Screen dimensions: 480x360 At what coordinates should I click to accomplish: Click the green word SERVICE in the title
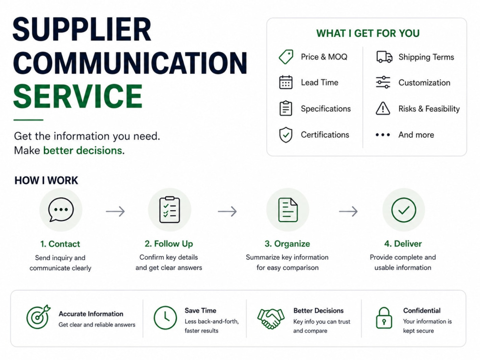[78, 96]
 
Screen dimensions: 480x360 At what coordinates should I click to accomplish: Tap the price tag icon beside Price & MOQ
[286, 57]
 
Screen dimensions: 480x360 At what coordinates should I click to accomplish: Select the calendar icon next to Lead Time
[286, 83]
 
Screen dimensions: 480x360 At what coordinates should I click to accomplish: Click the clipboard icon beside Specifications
[286, 108]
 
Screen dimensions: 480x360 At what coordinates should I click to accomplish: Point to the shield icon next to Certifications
[286, 135]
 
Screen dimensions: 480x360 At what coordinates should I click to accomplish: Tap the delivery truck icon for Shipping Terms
[384, 57]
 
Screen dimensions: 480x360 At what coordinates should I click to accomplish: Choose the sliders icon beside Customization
[383, 83]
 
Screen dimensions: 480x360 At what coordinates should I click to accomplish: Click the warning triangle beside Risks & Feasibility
[383, 108]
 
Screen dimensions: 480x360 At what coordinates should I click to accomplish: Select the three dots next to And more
[383, 135]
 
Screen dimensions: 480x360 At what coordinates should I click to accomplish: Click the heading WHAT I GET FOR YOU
[368, 34]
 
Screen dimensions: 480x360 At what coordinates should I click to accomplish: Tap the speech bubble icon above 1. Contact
[61, 210]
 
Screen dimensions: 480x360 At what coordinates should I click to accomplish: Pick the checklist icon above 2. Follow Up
[169, 210]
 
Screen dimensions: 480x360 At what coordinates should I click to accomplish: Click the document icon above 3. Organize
[288, 210]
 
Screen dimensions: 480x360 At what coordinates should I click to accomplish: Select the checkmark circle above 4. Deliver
[404, 210]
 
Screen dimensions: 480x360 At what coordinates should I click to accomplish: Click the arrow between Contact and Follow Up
[115, 211]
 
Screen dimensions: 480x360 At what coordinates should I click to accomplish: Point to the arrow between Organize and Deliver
[348, 211]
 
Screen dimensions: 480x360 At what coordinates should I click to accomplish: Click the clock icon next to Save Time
[165, 318]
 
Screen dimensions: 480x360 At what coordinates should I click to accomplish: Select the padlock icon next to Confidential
[384, 318]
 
